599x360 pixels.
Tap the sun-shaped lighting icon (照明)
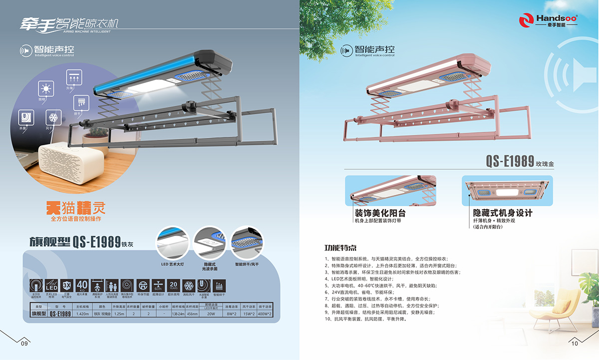click(x=46, y=90)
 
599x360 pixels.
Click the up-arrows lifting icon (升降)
click(x=73, y=77)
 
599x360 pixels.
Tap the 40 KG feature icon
click(x=83, y=286)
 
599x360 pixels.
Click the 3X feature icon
click(x=67, y=286)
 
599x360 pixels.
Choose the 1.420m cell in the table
click(x=82, y=314)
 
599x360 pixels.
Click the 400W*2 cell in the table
click(x=264, y=314)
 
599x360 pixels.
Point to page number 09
click(x=24, y=344)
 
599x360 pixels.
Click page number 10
click(x=574, y=344)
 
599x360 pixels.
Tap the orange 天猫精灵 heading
click(x=75, y=207)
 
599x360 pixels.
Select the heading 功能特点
click(x=340, y=248)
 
